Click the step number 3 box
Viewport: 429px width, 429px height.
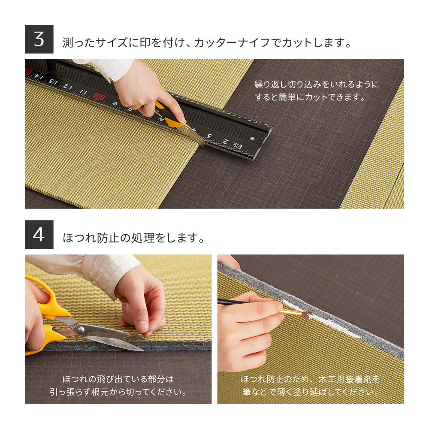click(39, 39)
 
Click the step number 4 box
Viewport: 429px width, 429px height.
click(39, 235)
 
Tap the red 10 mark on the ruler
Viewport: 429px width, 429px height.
click(99, 96)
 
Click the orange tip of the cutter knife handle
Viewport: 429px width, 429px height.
click(174, 122)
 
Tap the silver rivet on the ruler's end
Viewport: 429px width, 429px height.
click(252, 139)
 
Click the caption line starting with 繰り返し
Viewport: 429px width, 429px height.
click(317, 85)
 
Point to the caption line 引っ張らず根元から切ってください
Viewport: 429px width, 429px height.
click(118, 392)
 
